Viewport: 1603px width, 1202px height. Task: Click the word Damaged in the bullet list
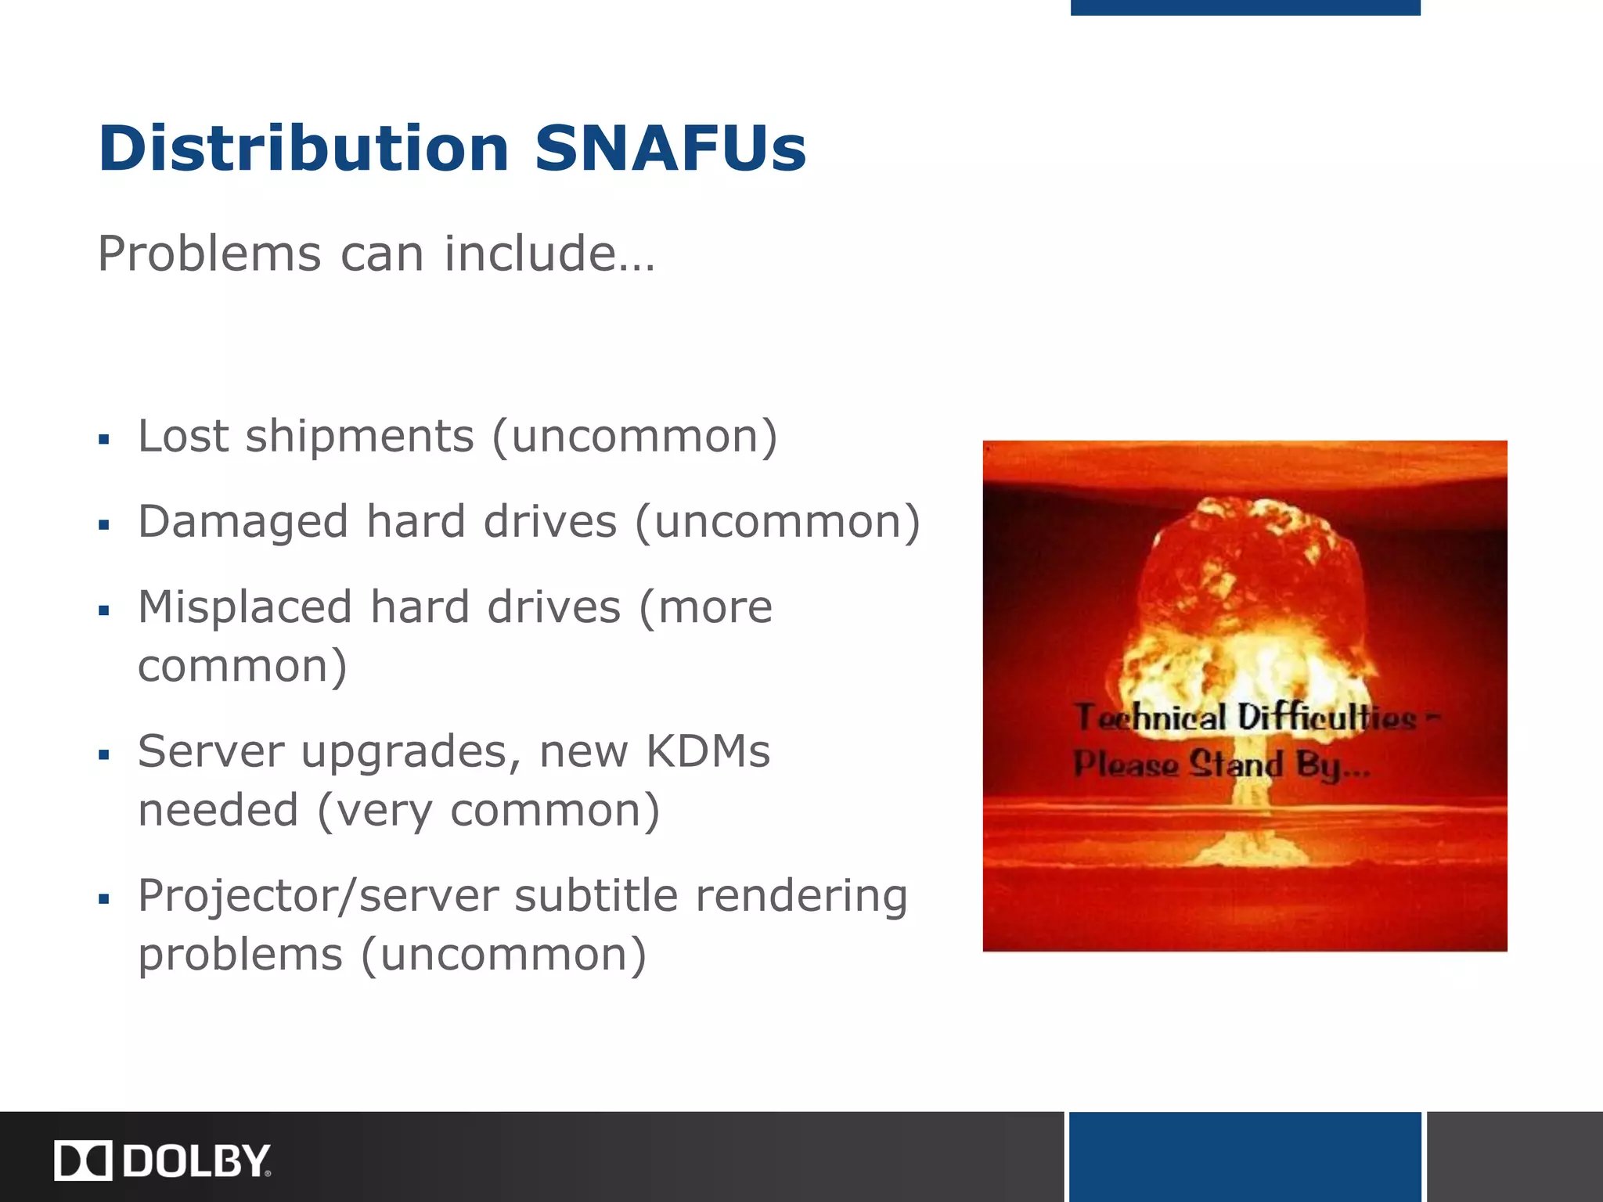(x=243, y=521)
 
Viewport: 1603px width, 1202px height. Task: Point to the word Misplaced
(x=245, y=607)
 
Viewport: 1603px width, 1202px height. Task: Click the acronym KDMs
(x=708, y=751)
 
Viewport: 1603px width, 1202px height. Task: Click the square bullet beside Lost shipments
(x=104, y=440)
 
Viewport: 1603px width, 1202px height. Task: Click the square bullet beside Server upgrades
(x=104, y=755)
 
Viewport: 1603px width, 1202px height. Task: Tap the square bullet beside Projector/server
(x=104, y=900)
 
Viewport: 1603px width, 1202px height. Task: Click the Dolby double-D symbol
(x=83, y=1160)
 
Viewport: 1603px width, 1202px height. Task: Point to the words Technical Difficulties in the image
(x=1245, y=718)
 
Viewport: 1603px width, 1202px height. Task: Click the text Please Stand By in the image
(x=1221, y=765)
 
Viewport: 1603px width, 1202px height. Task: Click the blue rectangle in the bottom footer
(x=1245, y=1157)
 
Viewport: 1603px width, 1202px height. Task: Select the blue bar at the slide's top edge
(x=1245, y=7)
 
